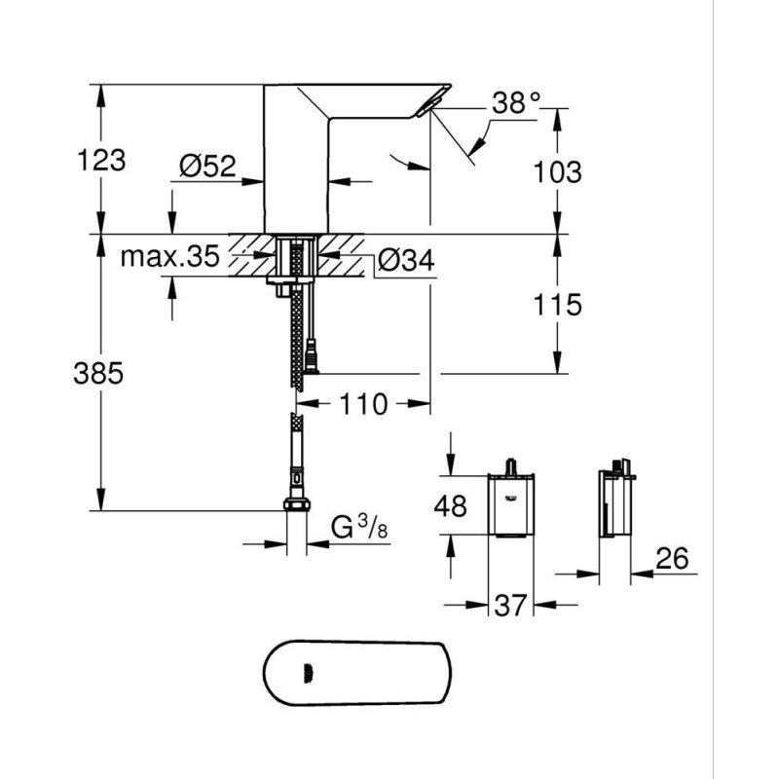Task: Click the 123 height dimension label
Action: pos(102,161)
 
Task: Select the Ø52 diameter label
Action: pos(207,166)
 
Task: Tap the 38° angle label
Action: pos(516,103)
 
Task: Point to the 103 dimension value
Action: pos(557,172)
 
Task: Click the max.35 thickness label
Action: pos(169,256)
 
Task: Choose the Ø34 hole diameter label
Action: pos(406,260)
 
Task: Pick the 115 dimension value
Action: pos(557,305)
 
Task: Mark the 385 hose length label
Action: pos(98,373)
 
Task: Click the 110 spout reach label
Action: pos(363,404)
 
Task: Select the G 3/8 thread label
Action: pos(359,527)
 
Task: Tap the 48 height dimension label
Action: pos(451,506)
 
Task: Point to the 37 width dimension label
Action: pos(510,605)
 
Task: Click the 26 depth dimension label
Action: pos(672,558)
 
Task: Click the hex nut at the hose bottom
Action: pos(297,504)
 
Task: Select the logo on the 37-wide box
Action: pos(510,500)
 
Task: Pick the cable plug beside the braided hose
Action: pos(312,356)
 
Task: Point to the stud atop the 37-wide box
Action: pos(510,466)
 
